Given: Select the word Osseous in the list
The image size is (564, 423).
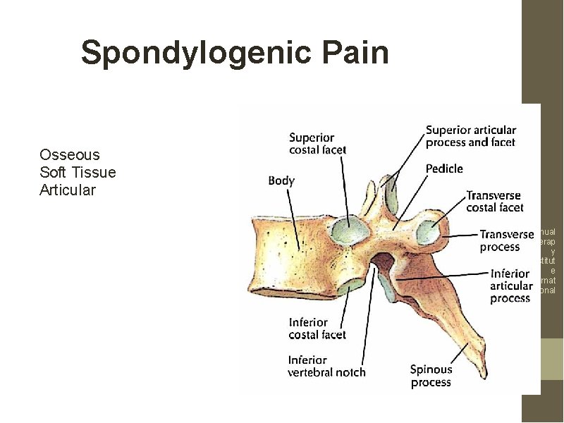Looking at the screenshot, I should (70, 154).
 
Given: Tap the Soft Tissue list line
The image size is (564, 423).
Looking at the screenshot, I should (78, 172).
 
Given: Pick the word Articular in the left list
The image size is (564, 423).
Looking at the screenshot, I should (68, 190).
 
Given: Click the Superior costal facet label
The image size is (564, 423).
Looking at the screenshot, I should (317, 143).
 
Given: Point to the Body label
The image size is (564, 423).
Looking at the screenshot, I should (281, 181).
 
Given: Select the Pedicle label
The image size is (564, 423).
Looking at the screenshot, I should (444, 168).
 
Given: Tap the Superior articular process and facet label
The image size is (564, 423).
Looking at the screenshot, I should (470, 136).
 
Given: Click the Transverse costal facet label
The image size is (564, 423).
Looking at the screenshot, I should (494, 201).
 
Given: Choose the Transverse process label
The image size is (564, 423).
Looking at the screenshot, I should (506, 240).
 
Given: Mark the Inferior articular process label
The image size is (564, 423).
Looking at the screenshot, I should (510, 286).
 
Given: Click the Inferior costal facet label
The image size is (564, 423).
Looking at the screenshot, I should (317, 329).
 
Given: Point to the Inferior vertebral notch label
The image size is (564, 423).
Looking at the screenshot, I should (326, 366).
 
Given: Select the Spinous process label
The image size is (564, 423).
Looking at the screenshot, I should (431, 376).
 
